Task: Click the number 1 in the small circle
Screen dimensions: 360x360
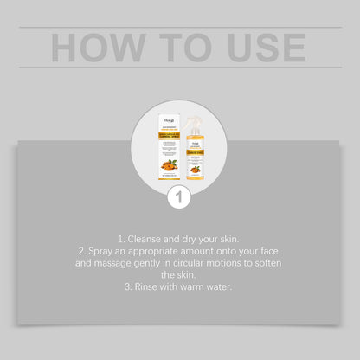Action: (180, 196)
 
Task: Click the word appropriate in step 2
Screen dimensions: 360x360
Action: (170, 250)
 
